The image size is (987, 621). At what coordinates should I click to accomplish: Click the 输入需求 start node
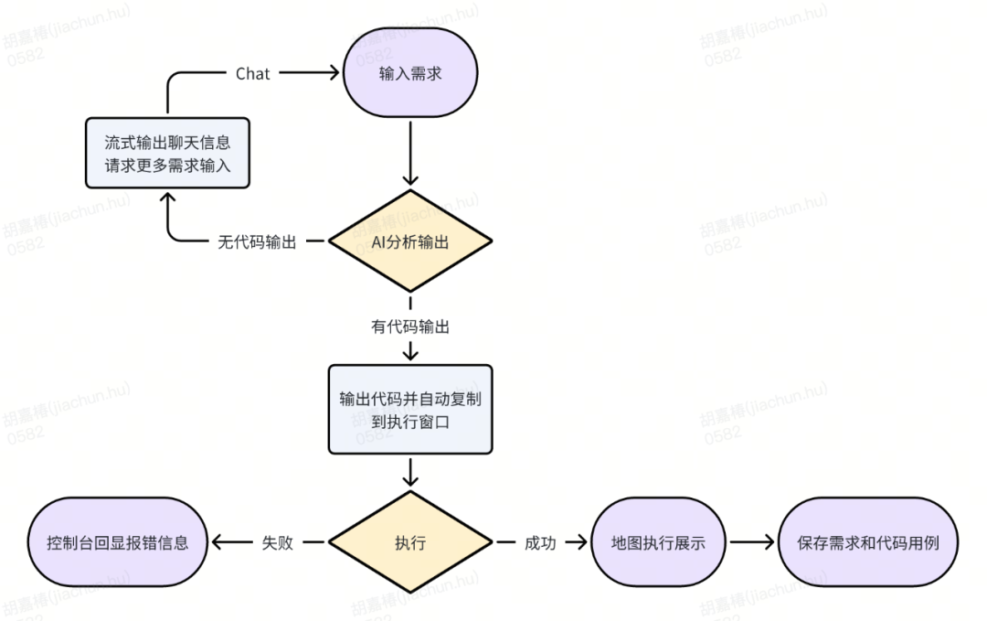pyautogui.click(x=410, y=72)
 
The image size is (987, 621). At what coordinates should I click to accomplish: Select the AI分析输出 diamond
pyautogui.click(x=410, y=241)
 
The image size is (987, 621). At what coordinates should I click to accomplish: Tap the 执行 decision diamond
pyautogui.click(x=410, y=542)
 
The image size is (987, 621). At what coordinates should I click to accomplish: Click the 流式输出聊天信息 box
pyautogui.click(x=167, y=153)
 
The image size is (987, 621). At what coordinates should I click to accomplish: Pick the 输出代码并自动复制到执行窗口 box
pyautogui.click(x=410, y=410)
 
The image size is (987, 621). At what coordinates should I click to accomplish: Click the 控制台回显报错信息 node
pyautogui.click(x=118, y=542)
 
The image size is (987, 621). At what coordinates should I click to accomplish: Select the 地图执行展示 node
pyautogui.click(x=658, y=542)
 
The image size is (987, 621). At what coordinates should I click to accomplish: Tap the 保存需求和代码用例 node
pyautogui.click(x=868, y=542)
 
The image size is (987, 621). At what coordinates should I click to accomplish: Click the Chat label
pyautogui.click(x=252, y=74)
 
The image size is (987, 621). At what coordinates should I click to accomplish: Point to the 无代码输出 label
pyautogui.click(x=257, y=241)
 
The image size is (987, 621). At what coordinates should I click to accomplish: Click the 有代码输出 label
pyautogui.click(x=410, y=327)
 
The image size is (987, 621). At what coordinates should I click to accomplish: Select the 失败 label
pyautogui.click(x=278, y=543)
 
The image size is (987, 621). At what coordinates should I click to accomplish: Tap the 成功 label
pyautogui.click(x=540, y=543)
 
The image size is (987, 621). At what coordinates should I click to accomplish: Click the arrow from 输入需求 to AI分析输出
pyautogui.click(x=410, y=153)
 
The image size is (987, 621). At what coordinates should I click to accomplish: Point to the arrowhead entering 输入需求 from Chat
pyautogui.click(x=333, y=73)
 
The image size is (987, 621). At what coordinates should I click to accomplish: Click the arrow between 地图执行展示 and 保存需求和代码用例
pyautogui.click(x=751, y=542)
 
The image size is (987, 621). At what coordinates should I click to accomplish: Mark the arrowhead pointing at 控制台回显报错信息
pyautogui.click(x=218, y=542)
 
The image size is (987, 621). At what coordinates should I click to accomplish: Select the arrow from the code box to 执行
pyautogui.click(x=410, y=472)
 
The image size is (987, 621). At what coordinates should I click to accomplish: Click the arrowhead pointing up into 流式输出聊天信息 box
pyautogui.click(x=167, y=199)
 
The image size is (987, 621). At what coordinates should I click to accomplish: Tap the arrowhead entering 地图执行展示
pyautogui.click(x=580, y=542)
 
